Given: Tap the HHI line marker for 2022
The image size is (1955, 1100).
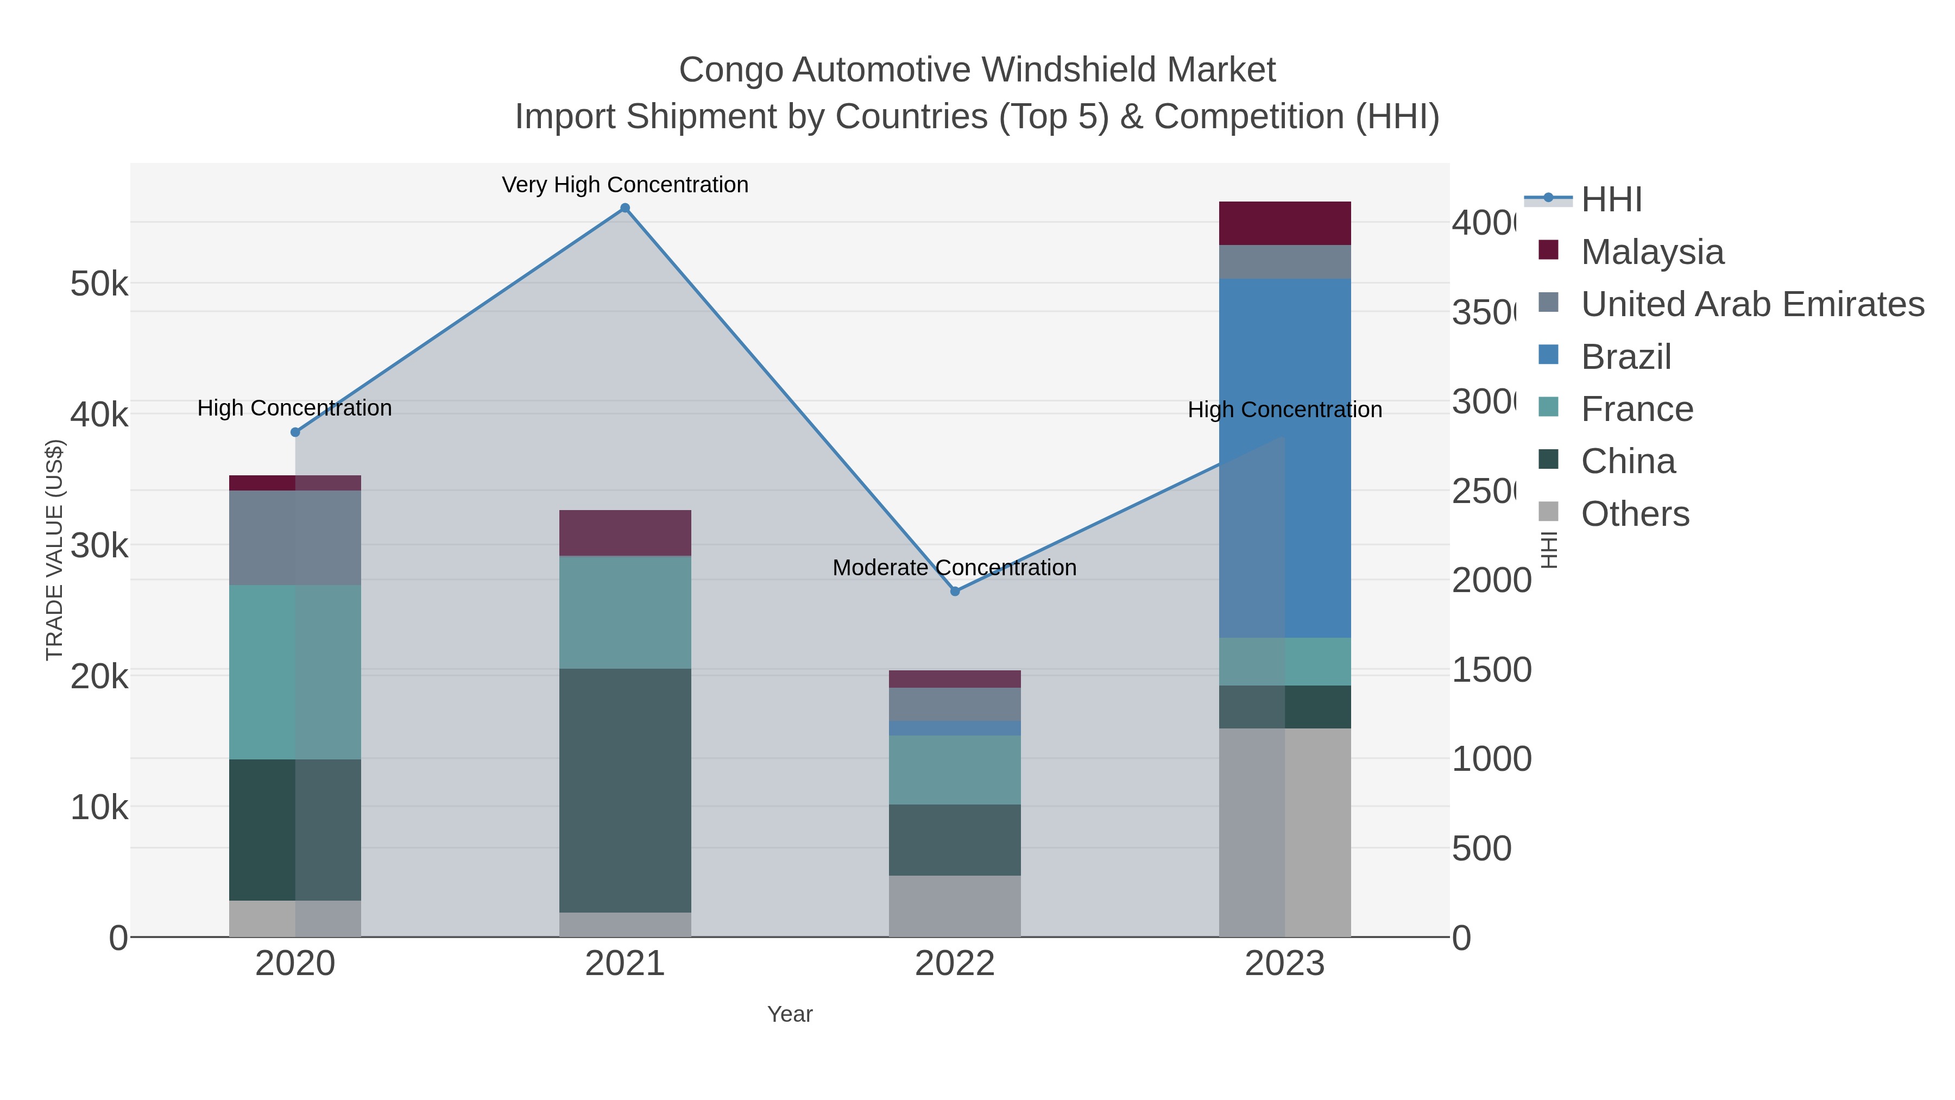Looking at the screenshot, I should click(x=955, y=592).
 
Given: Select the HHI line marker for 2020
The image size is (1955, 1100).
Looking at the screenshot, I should click(x=295, y=432).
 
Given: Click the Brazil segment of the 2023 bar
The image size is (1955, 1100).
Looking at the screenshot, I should click(x=1284, y=458).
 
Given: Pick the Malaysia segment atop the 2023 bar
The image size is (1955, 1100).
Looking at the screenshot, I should click(x=1284, y=223).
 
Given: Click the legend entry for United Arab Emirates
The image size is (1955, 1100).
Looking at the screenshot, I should click(x=1752, y=304).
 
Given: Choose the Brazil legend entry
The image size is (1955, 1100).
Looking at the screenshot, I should click(x=1625, y=357).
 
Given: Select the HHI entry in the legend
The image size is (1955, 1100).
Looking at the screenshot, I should click(x=1611, y=200).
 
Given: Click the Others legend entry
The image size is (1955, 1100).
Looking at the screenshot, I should click(x=1635, y=514).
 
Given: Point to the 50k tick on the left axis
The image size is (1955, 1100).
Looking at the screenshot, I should click(x=99, y=285).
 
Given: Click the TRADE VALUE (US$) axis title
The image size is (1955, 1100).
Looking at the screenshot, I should click(x=55, y=550).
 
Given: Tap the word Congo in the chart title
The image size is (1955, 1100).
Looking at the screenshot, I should click(x=731, y=70).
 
